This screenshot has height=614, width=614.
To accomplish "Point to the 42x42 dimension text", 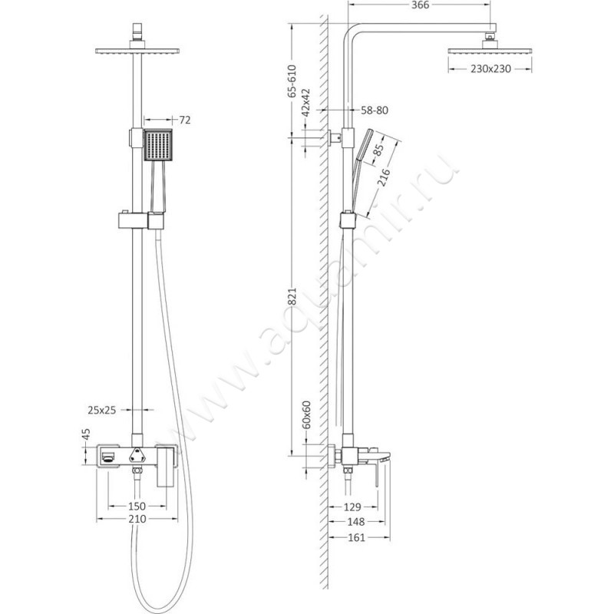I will coord(305,101).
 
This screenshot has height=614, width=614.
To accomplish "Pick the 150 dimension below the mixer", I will coord(137,507).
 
